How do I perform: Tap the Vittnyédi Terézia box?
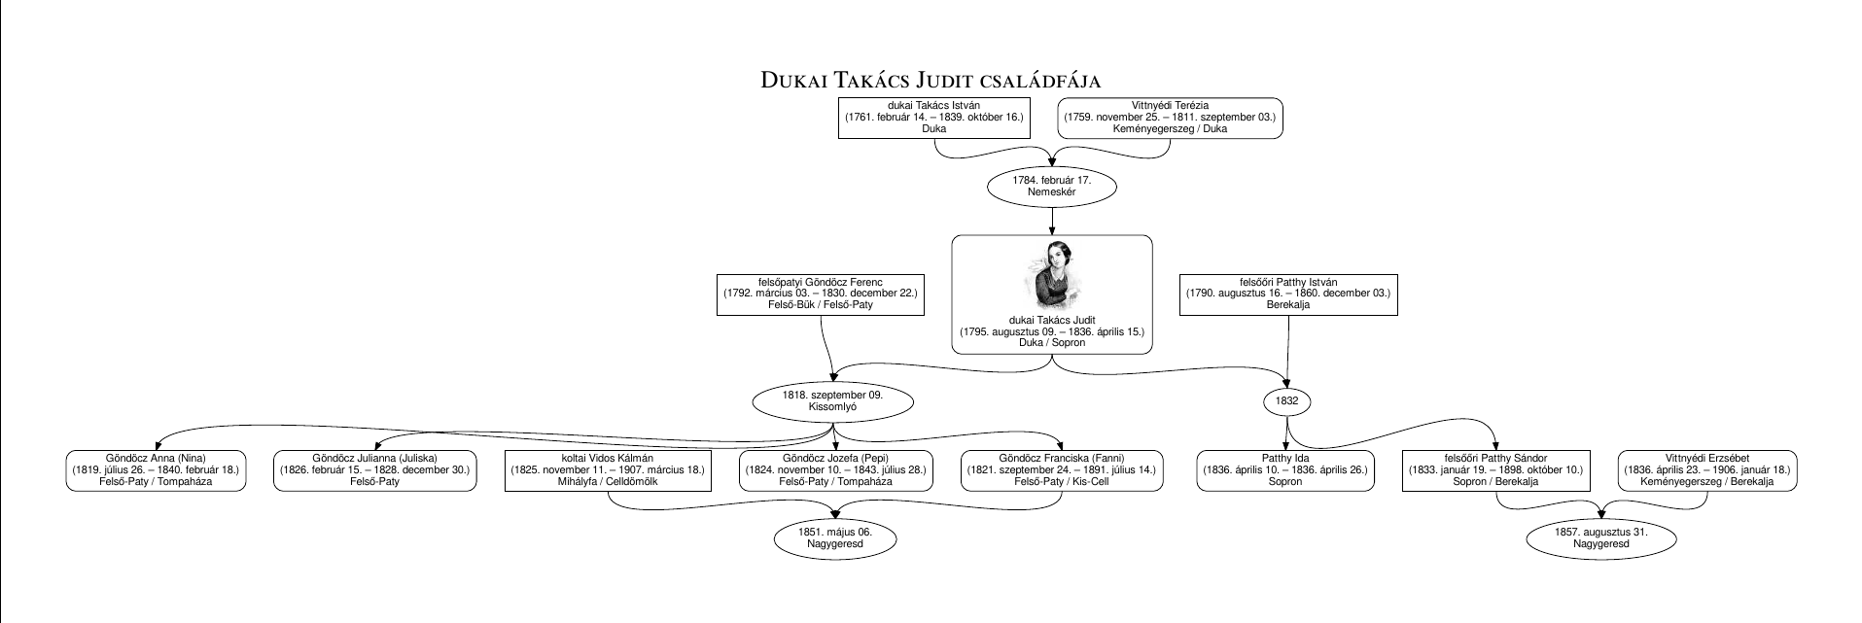click(1170, 118)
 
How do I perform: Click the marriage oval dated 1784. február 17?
click(1052, 187)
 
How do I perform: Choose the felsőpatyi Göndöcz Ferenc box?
click(821, 294)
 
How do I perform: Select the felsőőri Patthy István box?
click(1288, 294)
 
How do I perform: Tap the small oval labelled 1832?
click(1287, 400)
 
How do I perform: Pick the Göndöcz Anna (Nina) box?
click(156, 470)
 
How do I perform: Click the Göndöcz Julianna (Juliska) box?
click(375, 470)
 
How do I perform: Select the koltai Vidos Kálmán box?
click(608, 470)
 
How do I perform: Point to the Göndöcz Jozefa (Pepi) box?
click(836, 470)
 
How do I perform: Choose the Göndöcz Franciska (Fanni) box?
click(1062, 470)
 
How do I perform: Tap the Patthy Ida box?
click(1284, 470)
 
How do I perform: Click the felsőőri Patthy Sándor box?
click(1496, 470)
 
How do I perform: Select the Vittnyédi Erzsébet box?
click(1707, 470)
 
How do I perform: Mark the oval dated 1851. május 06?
click(835, 538)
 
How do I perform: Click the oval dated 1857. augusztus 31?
click(1600, 538)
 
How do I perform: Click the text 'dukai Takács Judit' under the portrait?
click(1052, 320)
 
